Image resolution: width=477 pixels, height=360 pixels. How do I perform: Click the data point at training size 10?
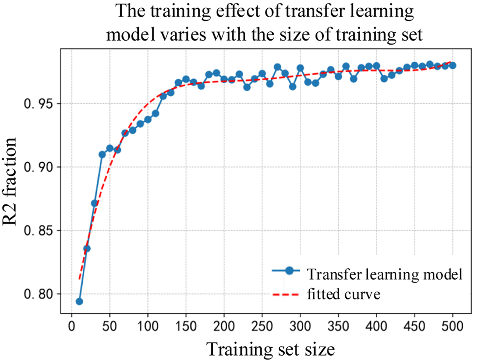tap(79, 301)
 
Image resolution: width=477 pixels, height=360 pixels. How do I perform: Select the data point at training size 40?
tap(102, 154)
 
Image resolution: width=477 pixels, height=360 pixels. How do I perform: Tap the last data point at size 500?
tap(452, 65)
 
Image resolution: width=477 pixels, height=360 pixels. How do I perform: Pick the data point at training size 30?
tap(94, 203)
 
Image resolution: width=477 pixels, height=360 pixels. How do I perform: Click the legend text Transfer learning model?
tap(384, 274)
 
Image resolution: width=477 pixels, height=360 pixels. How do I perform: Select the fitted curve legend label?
tap(344, 295)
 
